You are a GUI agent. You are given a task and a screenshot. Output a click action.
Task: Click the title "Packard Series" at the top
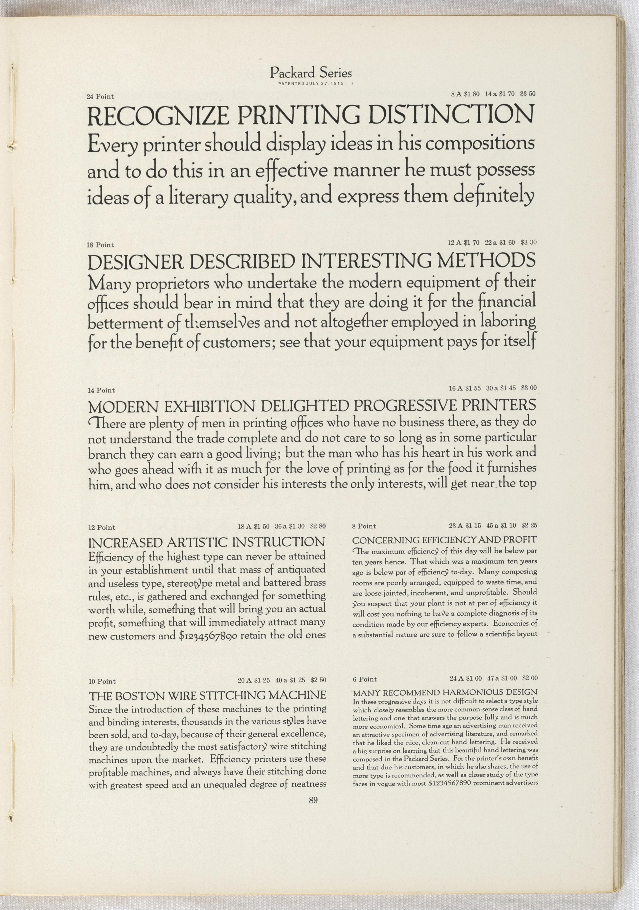pos(311,73)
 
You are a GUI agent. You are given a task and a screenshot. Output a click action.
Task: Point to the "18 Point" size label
pos(100,245)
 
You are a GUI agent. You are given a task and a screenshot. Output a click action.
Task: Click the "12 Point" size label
pos(102,527)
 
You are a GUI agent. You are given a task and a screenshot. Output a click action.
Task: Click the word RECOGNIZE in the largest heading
pos(158,115)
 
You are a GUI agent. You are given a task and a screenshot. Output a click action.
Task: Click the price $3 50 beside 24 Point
pos(528,94)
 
